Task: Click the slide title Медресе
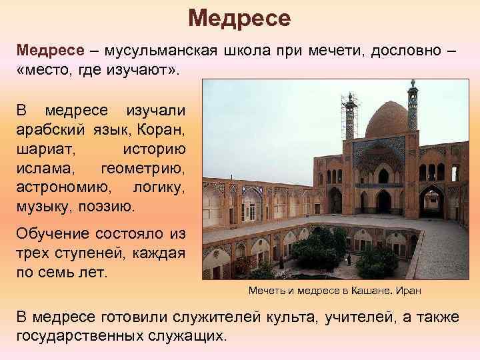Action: pos(239,18)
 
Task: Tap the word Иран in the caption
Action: pos(407,291)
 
